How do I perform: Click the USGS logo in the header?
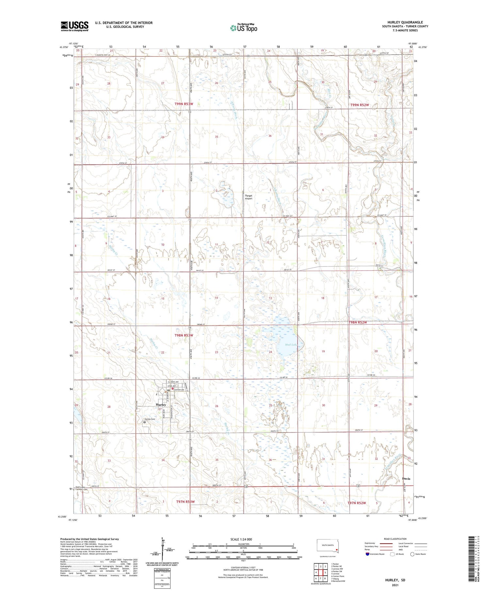74,26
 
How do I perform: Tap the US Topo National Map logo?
243,28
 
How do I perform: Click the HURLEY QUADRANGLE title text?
404,22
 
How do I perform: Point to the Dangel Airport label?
249,197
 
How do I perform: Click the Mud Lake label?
291,345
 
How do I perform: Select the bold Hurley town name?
161,405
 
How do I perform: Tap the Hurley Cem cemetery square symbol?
145,422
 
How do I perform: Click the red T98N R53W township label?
184,335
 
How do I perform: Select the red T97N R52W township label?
356,503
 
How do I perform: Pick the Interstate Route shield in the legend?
367,554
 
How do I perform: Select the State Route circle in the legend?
412,554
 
